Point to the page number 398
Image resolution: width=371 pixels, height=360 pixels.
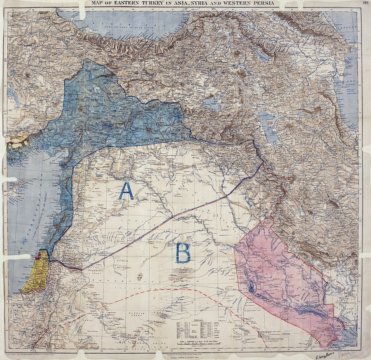point(365,3)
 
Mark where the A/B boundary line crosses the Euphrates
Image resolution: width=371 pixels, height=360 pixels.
point(172,216)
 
